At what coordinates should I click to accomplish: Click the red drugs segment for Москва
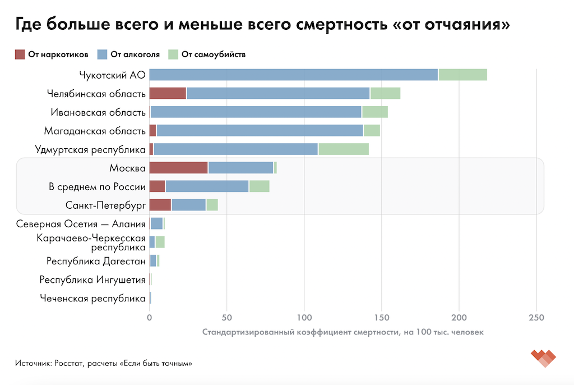pyautogui.click(x=178, y=168)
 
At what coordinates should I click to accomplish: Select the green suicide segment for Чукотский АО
pyautogui.click(x=462, y=75)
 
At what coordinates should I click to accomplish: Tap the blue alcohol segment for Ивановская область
pyautogui.click(x=256, y=112)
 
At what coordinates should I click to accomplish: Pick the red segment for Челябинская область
pyautogui.click(x=168, y=94)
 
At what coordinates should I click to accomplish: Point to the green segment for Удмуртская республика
pyautogui.click(x=344, y=149)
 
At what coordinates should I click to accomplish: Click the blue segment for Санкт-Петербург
pyautogui.click(x=189, y=205)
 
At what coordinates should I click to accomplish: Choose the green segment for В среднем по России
pyautogui.click(x=259, y=186)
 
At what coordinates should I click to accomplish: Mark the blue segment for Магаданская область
pyautogui.click(x=260, y=131)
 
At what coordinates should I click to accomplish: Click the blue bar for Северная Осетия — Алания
pyautogui.click(x=156, y=223)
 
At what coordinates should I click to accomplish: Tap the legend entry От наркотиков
pyautogui.click(x=52, y=54)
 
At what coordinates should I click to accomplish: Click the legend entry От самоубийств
pyautogui.click(x=207, y=54)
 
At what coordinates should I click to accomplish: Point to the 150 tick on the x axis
pyautogui.click(x=382, y=317)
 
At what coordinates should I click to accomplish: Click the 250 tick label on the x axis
pyautogui.click(x=536, y=317)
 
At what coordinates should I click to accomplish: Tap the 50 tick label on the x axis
pyautogui.click(x=227, y=317)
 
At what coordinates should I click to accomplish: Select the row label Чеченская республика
pyautogui.click(x=92, y=298)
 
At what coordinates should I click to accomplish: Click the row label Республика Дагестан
pyautogui.click(x=96, y=261)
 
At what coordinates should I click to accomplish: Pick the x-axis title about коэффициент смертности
pyautogui.click(x=342, y=332)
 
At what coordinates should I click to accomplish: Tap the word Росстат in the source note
pyautogui.click(x=68, y=364)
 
